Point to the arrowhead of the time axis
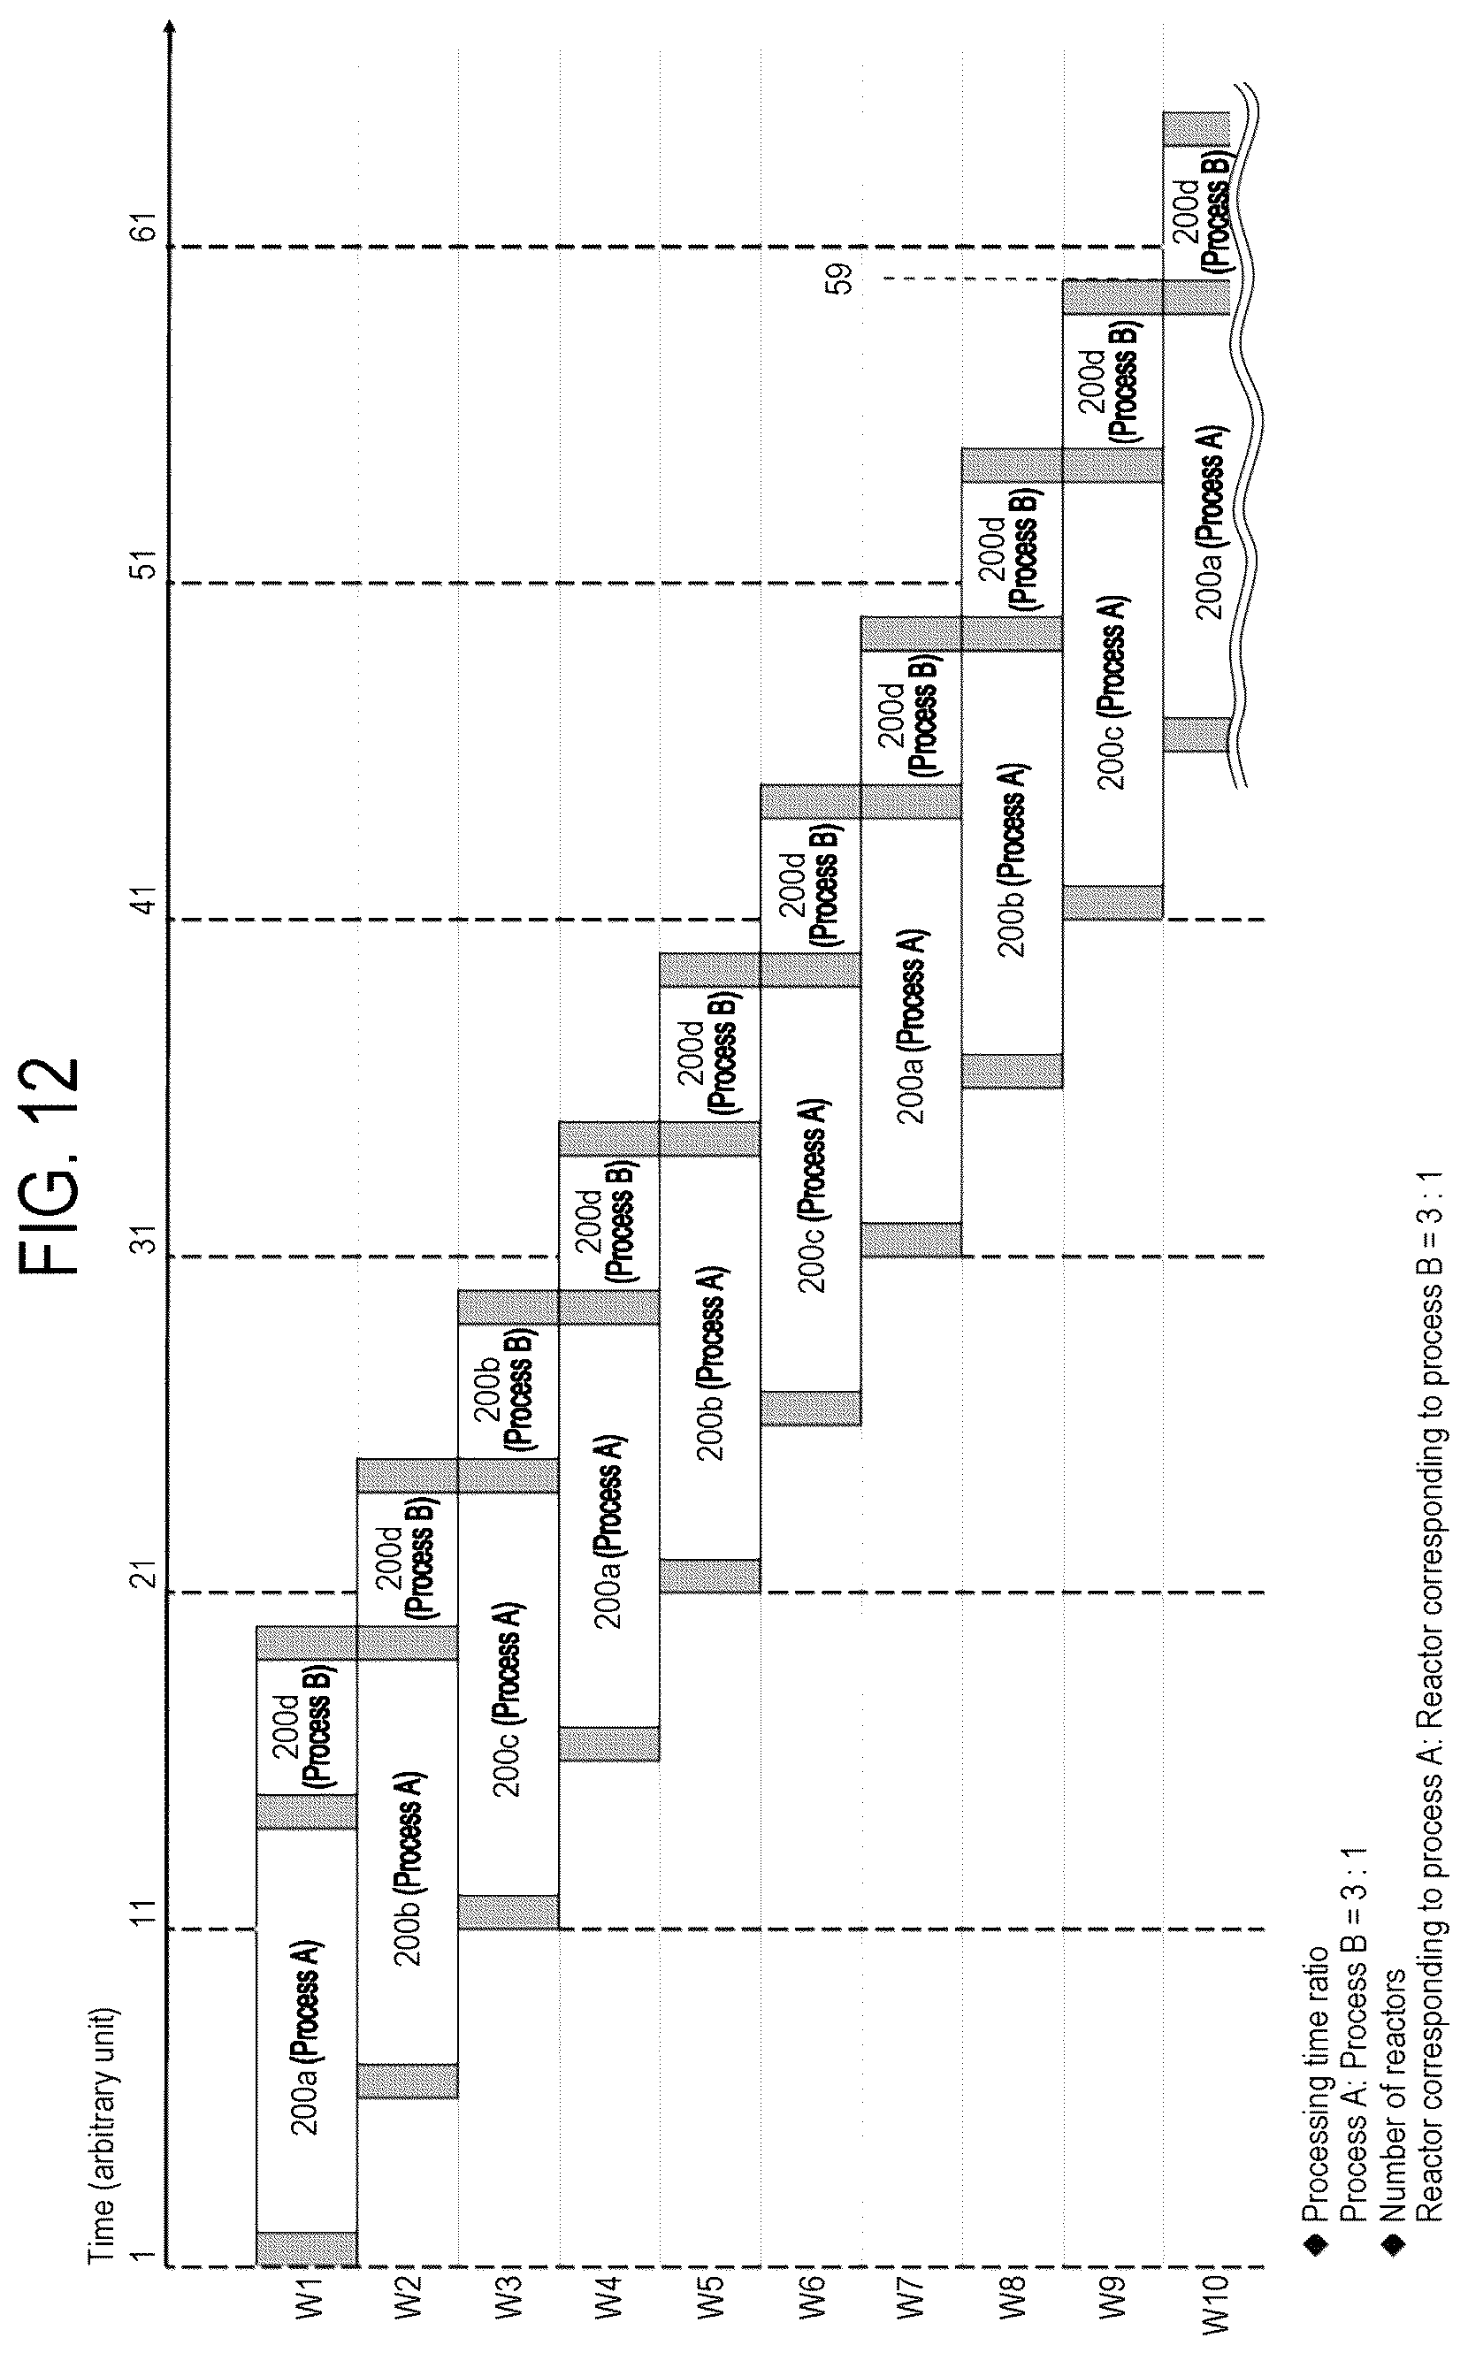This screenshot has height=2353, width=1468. click(x=169, y=27)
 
